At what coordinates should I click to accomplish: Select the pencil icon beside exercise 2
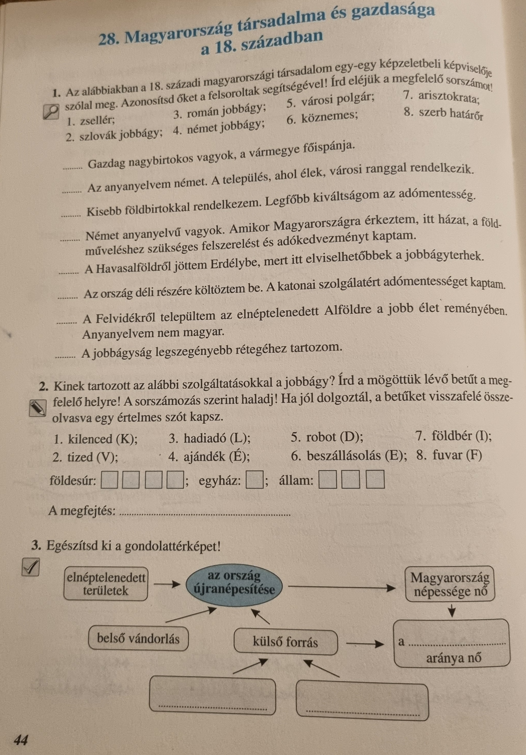[37, 408]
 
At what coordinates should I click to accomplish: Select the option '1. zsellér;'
[91, 121]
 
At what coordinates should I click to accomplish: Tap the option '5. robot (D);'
[327, 437]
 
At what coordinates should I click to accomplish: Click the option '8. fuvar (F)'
[449, 455]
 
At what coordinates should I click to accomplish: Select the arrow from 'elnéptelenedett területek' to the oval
[167, 584]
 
